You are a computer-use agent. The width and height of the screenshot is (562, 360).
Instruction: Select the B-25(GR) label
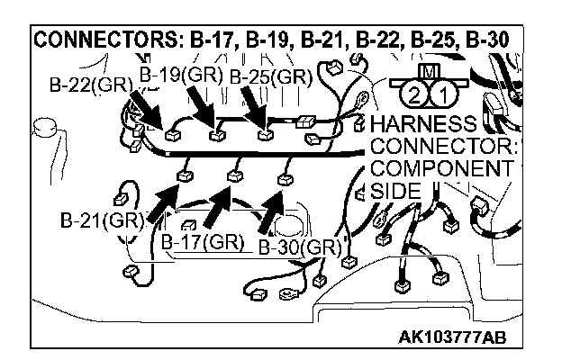tap(269, 76)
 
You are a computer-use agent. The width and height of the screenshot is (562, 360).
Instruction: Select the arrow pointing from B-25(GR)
tap(254, 112)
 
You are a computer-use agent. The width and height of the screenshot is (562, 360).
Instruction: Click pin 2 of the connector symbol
tap(413, 94)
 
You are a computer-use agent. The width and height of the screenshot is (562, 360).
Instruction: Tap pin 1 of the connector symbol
tap(440, 94)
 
